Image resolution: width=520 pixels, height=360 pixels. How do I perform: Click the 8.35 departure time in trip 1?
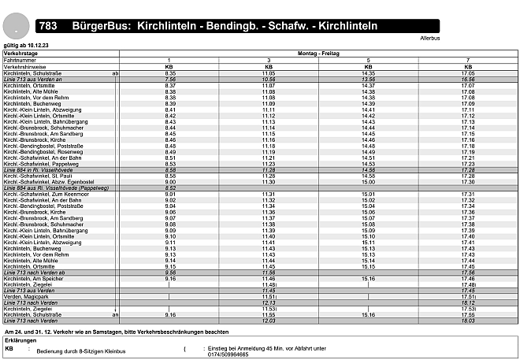[169, 73]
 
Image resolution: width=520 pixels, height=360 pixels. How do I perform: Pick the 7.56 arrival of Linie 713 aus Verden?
[169, 80]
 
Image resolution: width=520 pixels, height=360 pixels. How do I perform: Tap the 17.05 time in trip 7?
[467, 73]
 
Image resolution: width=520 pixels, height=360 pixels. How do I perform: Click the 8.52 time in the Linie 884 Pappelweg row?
[169, 187]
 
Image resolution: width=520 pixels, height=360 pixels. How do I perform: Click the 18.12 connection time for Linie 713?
[467, 302]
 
